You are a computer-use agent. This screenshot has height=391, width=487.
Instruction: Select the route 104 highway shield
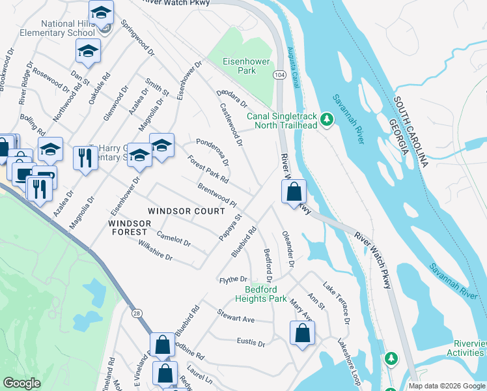pos(279,76)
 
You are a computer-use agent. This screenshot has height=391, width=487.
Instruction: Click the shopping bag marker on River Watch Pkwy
pos(294,192)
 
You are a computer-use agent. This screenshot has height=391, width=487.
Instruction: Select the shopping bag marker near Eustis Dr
pos(303,333)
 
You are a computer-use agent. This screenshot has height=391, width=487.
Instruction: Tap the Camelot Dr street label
pos(173,240)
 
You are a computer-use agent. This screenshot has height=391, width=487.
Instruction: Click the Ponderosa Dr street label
pos(213,152)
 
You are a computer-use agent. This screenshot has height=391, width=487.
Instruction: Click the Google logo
pos(21,383)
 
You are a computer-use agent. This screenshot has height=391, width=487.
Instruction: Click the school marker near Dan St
pos(88,51)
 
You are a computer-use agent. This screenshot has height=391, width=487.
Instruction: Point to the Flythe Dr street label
pos(234,279)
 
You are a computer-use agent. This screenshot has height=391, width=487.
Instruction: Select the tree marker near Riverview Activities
pos(391,358)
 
